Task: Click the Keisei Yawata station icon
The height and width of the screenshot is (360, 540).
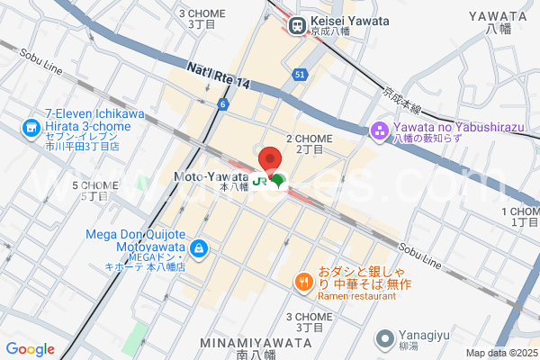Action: pos(296,24)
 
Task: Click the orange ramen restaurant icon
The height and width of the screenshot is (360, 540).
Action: pos(304,283)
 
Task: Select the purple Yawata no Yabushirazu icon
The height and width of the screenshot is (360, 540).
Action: pos(379,132)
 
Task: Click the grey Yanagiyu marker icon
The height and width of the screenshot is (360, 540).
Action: pos(385,340)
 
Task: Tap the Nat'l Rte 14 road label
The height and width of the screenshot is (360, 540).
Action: pos(218,76)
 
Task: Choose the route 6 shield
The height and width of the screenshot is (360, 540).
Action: pos(220,104)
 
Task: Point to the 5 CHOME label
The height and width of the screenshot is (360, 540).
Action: pos(94,185)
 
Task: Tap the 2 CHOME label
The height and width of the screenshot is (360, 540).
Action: pos(309,139)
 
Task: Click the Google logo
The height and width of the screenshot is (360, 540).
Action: pos(30,349)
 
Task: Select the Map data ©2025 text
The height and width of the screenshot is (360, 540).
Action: pos(500,353)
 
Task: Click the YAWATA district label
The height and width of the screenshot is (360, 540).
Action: pos(497,16)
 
